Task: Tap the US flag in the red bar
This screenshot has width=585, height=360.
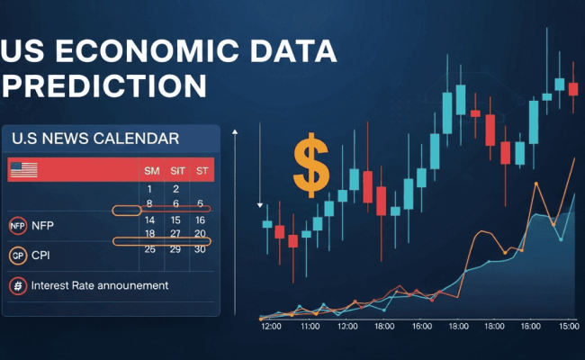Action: point(22,169)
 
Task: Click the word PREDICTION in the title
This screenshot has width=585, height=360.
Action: point(106,86)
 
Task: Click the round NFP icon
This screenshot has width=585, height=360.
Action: point(17,226)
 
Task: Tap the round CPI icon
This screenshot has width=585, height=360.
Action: point(17,256)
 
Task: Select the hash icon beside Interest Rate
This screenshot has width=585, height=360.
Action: point(17,285)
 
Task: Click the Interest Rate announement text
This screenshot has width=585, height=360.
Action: point(99,285)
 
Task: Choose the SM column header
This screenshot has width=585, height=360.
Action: point(150,170)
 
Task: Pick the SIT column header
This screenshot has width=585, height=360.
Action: point(176,170)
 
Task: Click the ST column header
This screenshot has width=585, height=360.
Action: point(201,170)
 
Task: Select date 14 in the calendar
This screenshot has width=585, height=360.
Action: point(150,220)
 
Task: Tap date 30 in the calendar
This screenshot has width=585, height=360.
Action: point(201,248)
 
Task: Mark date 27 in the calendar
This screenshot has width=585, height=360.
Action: point(176,234)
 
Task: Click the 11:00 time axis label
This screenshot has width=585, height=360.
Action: point(310,328)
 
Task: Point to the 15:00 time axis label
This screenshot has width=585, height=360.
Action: point(567,328)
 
